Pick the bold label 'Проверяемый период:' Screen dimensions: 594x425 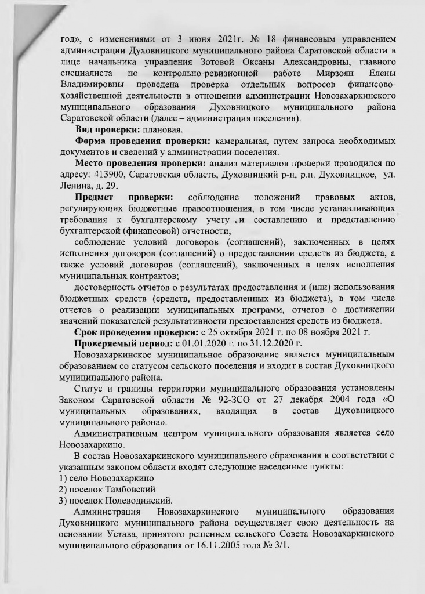(120, 344)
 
